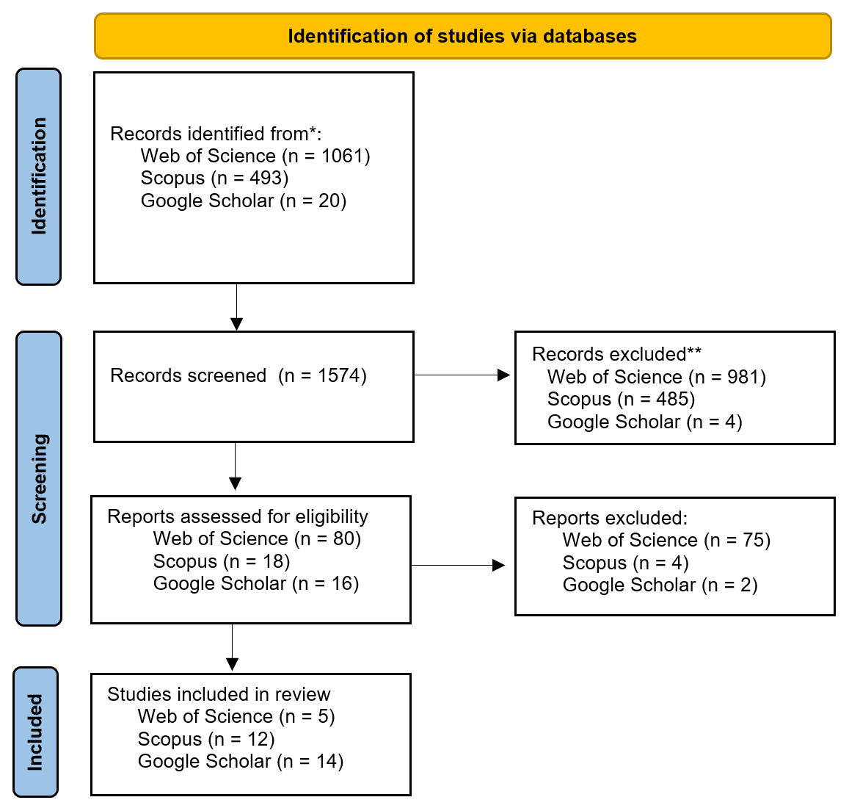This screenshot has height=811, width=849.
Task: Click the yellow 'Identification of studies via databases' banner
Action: coord(462,36)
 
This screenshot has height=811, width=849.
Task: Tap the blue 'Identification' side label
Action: coord(38,176)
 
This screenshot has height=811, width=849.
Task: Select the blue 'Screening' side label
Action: coord(39,479)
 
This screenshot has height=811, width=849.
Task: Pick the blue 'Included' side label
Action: coord(35,732)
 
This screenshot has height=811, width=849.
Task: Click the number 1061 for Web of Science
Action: coord(342,156)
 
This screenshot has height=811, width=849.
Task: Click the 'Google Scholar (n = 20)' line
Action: coord(243,201)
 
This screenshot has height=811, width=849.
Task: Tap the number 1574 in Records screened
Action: coord(339,375)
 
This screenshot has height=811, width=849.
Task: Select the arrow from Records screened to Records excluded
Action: coord(462,375)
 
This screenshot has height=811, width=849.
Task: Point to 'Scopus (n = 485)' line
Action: coord(621,400)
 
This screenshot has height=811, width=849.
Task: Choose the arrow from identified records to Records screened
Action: coord(236,307)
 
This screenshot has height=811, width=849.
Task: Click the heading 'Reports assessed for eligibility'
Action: coord(238,516)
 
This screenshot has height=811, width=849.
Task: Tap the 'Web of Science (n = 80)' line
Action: coord(257,539)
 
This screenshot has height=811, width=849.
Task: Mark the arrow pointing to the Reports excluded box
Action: coord(458,566)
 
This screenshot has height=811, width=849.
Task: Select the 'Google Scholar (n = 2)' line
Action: coord(660,585)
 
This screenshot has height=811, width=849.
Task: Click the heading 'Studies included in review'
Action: coord(219,694)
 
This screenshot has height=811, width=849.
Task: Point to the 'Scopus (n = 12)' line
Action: coord(206,740)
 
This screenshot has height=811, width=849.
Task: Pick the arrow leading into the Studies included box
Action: coord(233,647)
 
